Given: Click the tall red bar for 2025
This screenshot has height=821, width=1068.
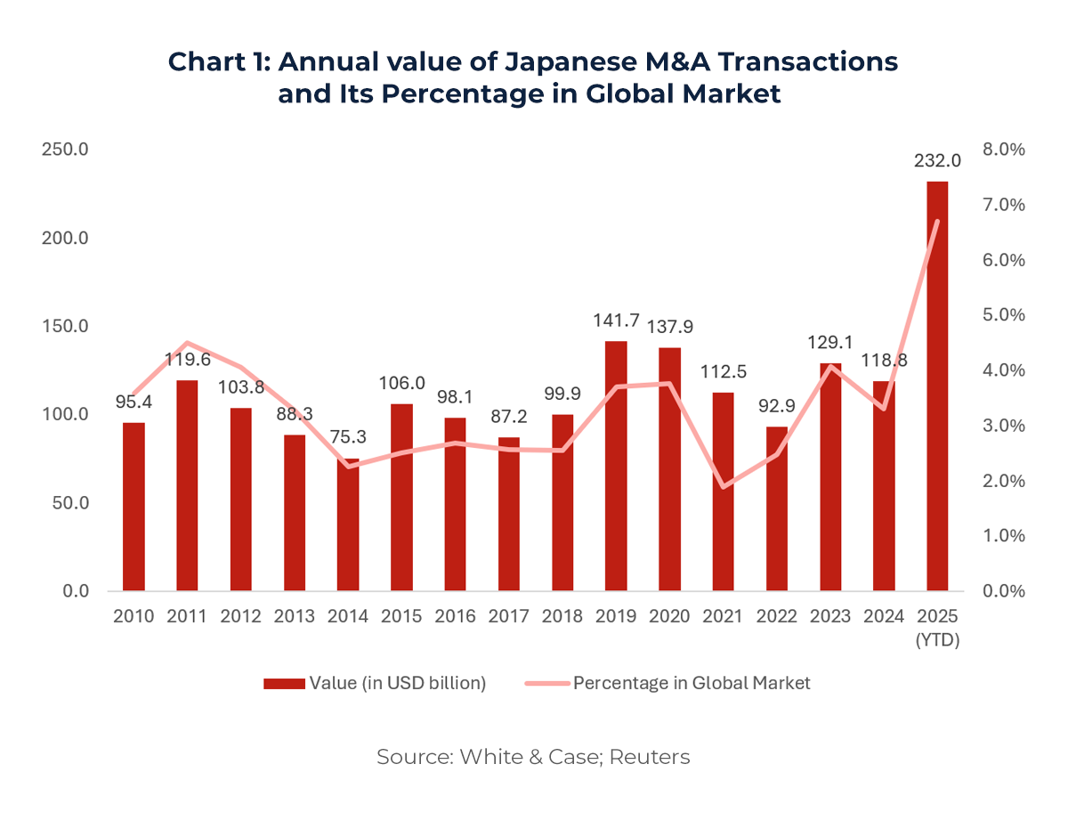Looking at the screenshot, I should point(937,386).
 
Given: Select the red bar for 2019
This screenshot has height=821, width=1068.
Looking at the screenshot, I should point(616,466).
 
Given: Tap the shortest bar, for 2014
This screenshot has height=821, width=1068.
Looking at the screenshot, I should point(348,524).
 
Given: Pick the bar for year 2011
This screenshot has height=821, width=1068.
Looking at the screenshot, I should point(187,485).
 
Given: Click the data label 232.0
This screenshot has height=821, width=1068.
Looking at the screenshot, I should point(937,161).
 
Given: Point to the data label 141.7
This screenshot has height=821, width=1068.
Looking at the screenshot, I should point(616,321).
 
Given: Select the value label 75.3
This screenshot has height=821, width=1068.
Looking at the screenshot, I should point(348,438).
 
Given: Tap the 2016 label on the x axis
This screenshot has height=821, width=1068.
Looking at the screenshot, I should point(455,616).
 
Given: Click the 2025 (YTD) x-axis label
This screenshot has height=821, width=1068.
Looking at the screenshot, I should point(937,627).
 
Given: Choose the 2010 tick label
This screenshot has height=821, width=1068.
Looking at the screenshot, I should point(133,616).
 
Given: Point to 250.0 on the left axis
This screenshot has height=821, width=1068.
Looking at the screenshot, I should point(64,150).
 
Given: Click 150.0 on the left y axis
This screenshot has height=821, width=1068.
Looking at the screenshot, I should point(64,326).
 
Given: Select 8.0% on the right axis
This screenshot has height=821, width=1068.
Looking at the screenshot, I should point(1004,150).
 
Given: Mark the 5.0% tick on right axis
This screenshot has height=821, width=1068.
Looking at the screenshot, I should point(1004,315).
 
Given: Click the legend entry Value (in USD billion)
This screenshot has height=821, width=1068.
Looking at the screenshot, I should point(375,683).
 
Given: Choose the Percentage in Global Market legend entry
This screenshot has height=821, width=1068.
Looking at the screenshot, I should point(667,683).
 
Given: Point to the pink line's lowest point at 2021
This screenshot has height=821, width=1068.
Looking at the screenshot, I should point(724,487).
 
